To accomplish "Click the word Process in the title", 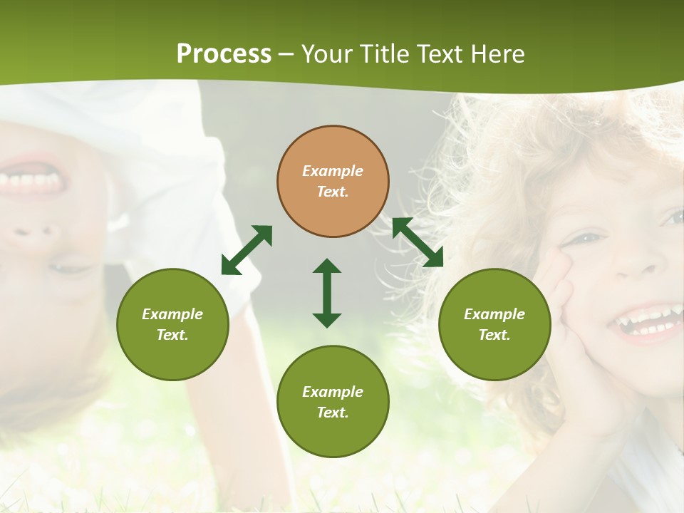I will pos(224,54).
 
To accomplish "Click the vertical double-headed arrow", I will pos(327,293).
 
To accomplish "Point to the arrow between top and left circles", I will pos(247,250).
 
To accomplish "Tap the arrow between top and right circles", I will pos(418,242).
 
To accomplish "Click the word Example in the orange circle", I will pos(333,171).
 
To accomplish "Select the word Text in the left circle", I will pos(172,335).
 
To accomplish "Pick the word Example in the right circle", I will pos(494,314).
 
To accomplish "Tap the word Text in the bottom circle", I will pos(332,413).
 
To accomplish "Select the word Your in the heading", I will pos(329,54).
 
